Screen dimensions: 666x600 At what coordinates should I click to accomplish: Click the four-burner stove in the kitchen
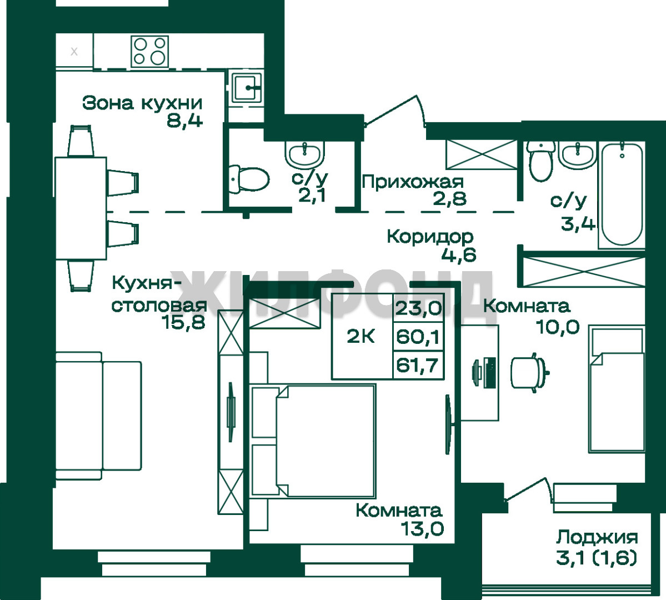pos(150,52)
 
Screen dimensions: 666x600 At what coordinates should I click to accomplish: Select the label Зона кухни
pos(142,103)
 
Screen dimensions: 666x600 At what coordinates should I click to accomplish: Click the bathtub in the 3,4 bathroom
pos(622,195)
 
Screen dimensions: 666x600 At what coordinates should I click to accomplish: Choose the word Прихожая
pos(412,182)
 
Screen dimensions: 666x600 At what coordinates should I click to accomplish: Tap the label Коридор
pos(430,237)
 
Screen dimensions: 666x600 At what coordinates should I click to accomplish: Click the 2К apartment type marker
pos(360,337)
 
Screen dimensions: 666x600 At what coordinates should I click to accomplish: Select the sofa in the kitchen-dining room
pos(98,416)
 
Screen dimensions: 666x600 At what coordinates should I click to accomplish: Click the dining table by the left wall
pos(81,208)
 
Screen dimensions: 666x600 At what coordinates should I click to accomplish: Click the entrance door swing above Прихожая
pos(395,111)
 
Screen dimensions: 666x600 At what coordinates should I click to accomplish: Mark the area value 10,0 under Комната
pos(558,327)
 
